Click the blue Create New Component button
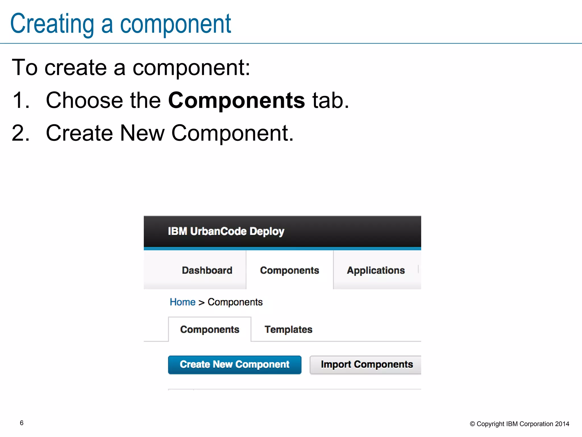tap(234, 364)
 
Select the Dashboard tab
tap(207, 270)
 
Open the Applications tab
tap(376, 270)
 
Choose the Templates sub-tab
tap(288, 329)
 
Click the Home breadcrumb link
tap(182, 302)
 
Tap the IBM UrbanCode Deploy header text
tap(226, 231)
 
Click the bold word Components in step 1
tap(236, 100)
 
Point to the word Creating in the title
tap(52, 24)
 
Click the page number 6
tap(22, 423)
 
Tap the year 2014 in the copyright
tap(562, 424)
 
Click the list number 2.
tap(20, 133)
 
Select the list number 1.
tap(20, 100)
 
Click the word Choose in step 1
tap(84, 100)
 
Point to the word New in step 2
tap(142, 133)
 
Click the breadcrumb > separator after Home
tap(201, 303)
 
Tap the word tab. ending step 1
tap(330, 100)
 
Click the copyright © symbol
tap(472, 424)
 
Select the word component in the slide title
tap(175, 24)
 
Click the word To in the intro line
tap(24, 68)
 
